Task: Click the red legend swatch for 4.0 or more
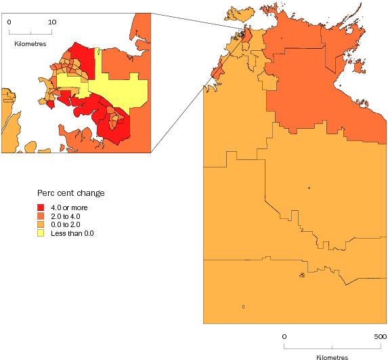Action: [41, 206]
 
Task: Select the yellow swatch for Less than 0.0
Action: [41, 233]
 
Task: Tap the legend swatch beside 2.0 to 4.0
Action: [41, 215]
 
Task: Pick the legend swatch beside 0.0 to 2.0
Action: [41, 224]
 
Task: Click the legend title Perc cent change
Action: [70, 193]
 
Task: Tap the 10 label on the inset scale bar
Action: [52, 22]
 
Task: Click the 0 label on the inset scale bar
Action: [9, 22]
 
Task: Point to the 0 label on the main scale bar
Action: [284, 336]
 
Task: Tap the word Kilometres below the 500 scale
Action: [332, 357]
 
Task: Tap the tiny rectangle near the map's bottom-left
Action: [242, 307]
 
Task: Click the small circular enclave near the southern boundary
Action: [302, 275]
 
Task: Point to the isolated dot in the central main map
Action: [308, 188]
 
